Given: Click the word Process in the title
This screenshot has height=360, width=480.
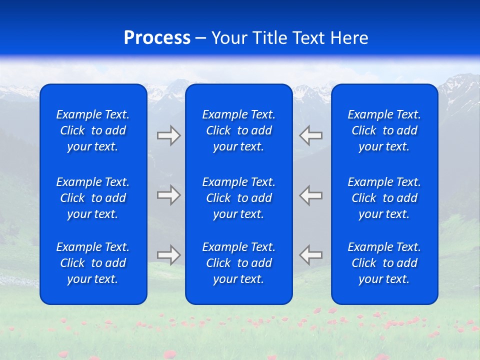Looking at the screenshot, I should pyautogui.click(x=157, y=38).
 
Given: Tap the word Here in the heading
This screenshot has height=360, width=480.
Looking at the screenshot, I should pyautogui.click(x=349, y=38).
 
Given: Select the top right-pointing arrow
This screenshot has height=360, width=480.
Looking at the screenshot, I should pyautogui.click(x=169, y=135).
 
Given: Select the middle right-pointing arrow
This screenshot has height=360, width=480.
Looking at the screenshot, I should pyautogui.click(x=169, y=195).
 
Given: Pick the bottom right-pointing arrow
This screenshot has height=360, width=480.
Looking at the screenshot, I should pyautogui.click(x=169, y=255).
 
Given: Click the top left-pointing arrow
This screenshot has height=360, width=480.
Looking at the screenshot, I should pyautogui.click(x=311, y=135).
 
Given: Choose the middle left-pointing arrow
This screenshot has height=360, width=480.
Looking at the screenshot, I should pyautogui.click(x=311, y=195).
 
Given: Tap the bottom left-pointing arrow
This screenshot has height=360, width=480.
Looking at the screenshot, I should pyautogui.click(x=311, y=255).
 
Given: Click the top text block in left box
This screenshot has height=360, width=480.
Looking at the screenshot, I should pyautogui.click(x=93, y=130).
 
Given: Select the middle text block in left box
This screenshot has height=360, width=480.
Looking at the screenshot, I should pyautogui.click(x=93, y=198).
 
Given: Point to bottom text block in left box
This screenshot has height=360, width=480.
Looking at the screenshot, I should pyautogui.click(x=93, y=263).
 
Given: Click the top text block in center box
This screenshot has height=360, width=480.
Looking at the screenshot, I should pyautogui.click(x=239, y=130).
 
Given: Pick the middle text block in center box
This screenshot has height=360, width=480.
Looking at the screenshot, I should pyautogui.click(x=239, y=198).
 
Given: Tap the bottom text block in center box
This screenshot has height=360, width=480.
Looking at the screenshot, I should pyautogui.click(x=239, y=263).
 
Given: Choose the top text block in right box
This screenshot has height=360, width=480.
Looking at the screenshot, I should pyautogui.click(x=384, y=130).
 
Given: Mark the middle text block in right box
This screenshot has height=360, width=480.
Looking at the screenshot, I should pyautogui.click(x=384, y=198).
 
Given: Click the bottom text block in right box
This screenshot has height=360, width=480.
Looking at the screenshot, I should pyautogui.click(x=384, y=263).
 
